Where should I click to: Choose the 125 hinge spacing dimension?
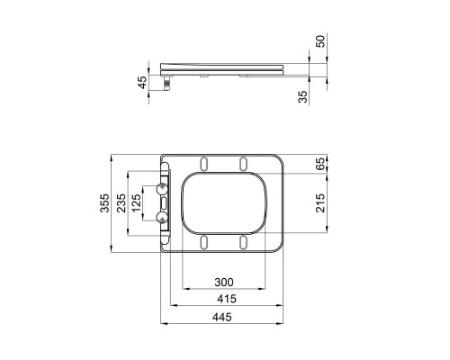coord(138,205)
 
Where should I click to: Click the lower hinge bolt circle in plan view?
coord(163,219)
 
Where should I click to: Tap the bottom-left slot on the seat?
coord(206,242)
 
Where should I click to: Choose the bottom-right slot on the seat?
coord(244,242)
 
